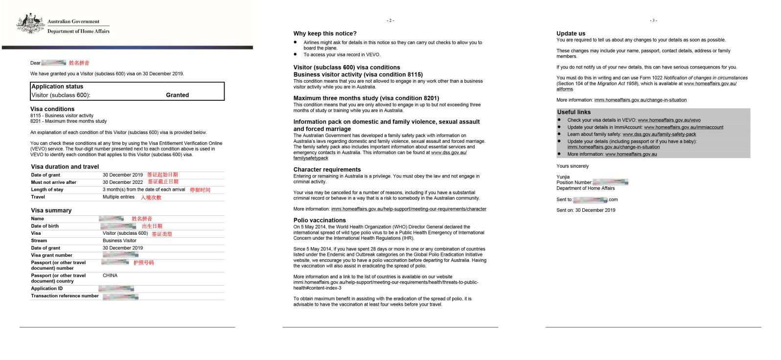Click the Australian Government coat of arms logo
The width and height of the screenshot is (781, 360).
(31, 24)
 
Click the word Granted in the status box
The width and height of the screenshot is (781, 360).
(177, 95)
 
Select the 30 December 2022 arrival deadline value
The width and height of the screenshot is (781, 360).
(123, 182)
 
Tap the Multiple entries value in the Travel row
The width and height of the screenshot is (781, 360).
(118, 197)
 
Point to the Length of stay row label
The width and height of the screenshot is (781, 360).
(47, 190)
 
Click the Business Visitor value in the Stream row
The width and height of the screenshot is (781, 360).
(119, 241)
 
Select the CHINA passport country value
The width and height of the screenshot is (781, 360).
(110, 275)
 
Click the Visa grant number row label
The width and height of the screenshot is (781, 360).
(51, 255)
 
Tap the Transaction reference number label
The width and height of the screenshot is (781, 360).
(65, 296)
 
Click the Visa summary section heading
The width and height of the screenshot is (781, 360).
(51, 210)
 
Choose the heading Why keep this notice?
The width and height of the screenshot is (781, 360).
(325, 34)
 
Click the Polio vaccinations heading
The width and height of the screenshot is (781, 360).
(320, 220)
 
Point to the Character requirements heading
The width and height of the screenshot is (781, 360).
(327, 170)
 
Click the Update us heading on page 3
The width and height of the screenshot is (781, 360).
(571, 34)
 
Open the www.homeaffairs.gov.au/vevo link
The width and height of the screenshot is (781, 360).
(669, 120)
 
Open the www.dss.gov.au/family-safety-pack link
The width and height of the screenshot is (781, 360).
(659, 134)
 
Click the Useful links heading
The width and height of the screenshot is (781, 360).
(574, 112)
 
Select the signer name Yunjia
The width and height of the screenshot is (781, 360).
(563, 177)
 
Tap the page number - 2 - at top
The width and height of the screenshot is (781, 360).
(390, 21)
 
